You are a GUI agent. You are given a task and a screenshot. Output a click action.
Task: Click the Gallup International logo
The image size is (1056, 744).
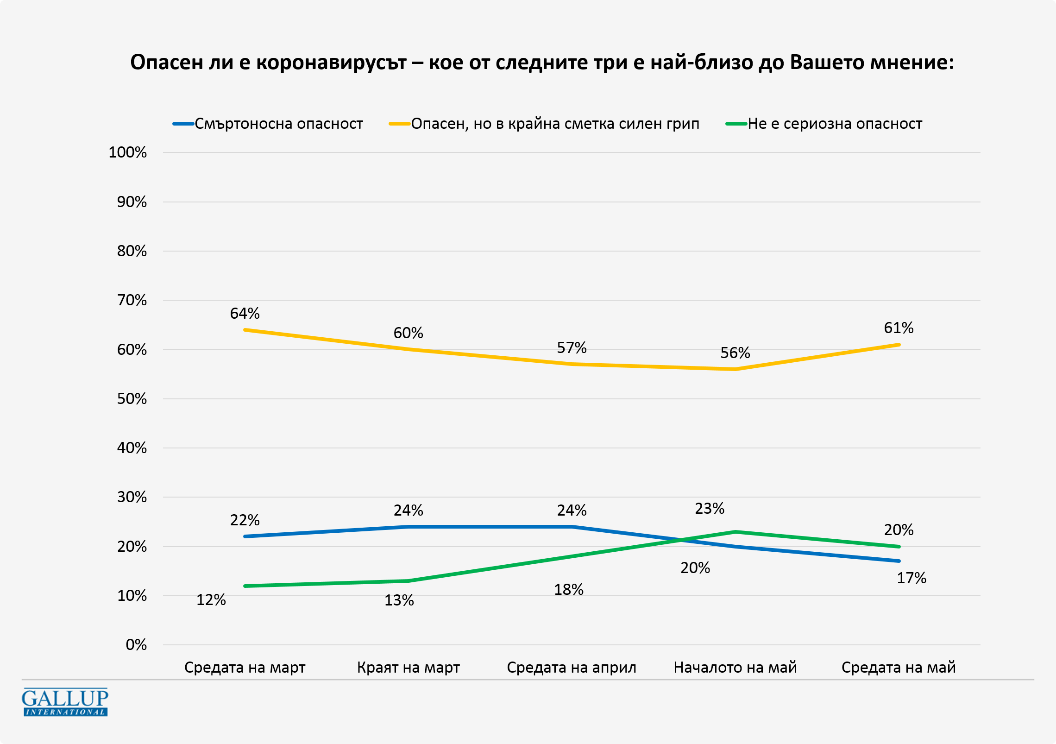[x=65, y=702]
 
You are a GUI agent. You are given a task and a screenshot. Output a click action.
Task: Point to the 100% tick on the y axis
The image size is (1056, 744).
[x=127, y=152]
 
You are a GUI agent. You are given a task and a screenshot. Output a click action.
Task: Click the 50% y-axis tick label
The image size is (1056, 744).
[x=132, y=399]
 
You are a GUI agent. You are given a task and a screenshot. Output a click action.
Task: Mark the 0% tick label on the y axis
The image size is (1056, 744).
[x=136, y=645]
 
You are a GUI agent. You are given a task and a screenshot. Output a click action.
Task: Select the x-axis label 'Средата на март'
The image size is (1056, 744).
[x=245, y=668]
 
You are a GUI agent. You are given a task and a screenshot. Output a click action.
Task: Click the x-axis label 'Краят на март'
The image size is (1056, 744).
[x=408, y=668]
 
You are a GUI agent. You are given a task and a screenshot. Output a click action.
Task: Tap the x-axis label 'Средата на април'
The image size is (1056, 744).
[x=572, y=668]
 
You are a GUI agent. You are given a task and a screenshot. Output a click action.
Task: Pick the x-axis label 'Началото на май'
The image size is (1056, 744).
[x=735, y=668]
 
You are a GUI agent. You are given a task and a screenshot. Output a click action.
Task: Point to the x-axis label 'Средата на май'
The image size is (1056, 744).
[x=899, y=668]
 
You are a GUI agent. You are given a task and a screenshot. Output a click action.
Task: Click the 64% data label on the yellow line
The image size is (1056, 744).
[x=245, y=314]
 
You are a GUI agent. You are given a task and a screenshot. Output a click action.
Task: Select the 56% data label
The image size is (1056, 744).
[x=735, y=353]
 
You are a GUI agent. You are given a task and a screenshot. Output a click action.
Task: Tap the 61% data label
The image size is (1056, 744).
[x=899, y=328]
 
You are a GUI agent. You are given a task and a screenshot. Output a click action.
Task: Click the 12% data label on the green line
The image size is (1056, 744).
[x=211, y=600]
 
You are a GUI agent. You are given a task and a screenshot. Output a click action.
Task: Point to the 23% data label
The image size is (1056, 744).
[x=710, y=509]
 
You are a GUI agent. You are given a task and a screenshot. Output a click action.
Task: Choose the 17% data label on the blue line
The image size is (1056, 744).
[x=911, y=578]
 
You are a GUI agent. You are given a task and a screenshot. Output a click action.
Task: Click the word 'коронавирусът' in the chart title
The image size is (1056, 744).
[x=331, y=62]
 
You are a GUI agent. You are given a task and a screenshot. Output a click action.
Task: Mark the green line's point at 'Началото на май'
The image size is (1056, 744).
[x=735, y=532]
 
